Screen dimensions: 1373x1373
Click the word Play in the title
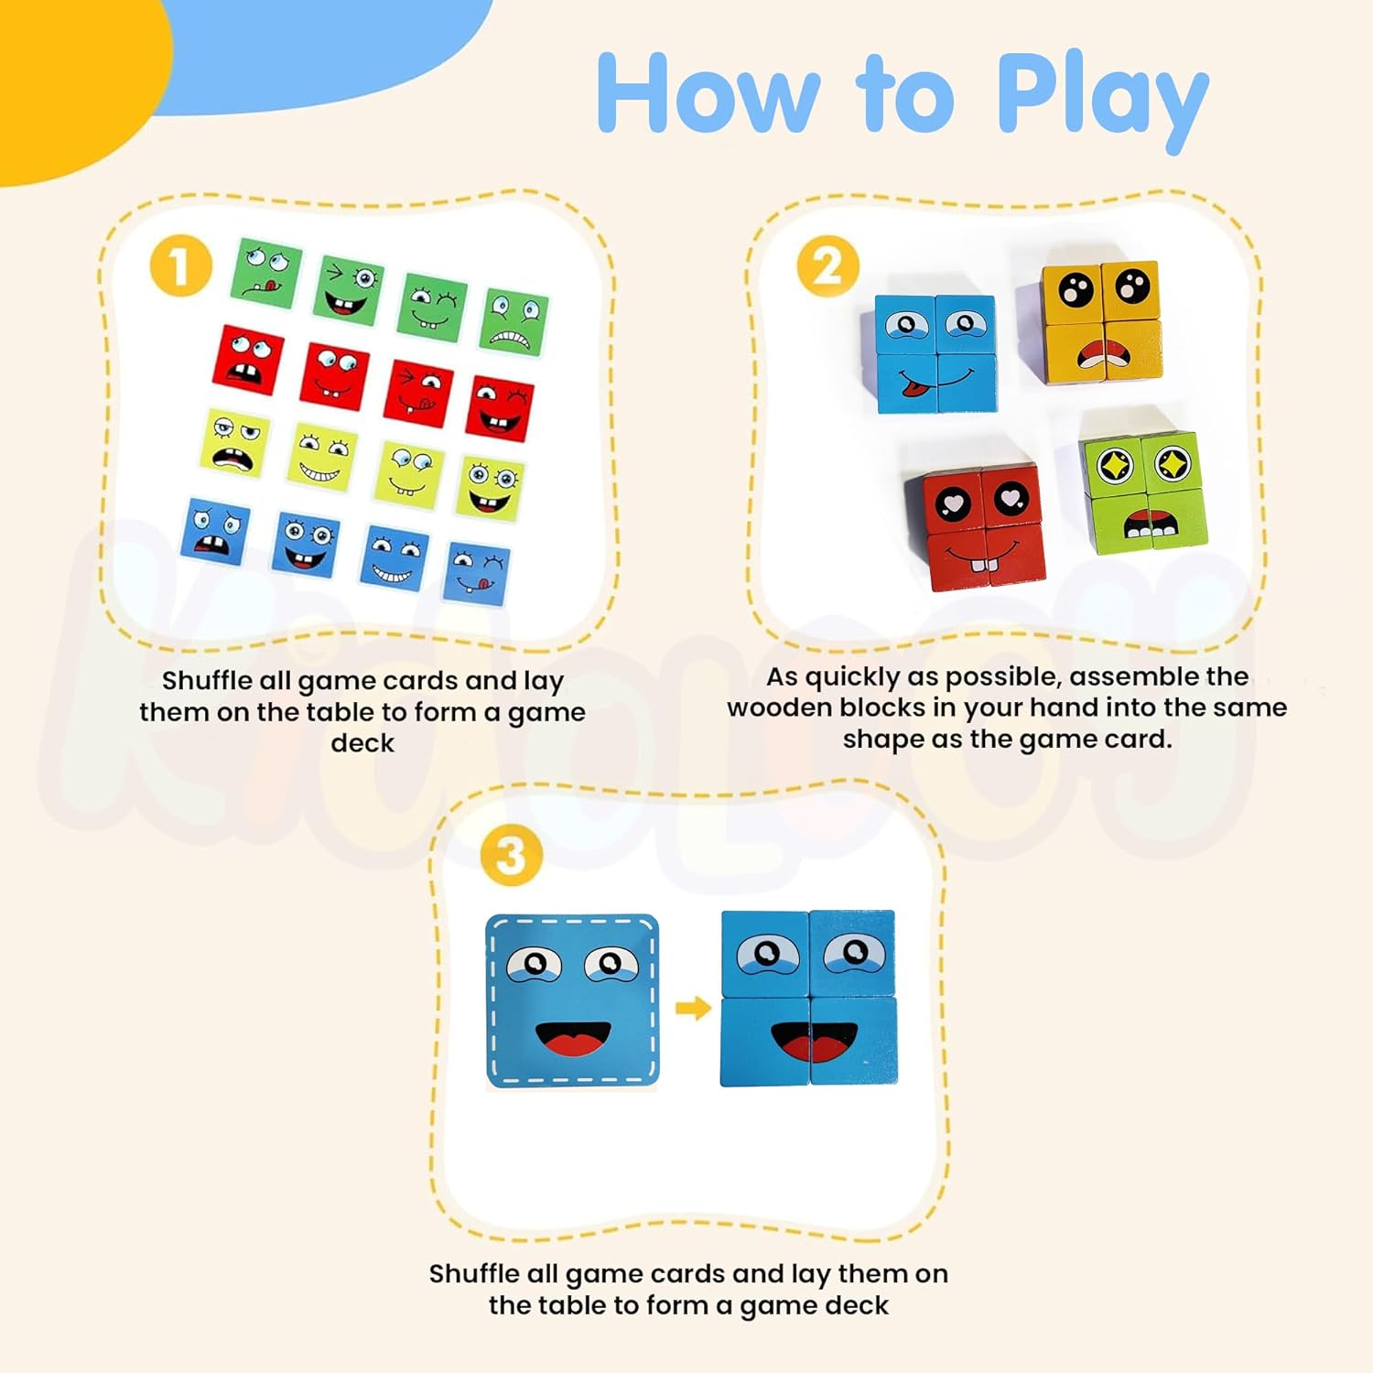(x=1102, y=99)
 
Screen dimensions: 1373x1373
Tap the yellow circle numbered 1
(x=181, y=266)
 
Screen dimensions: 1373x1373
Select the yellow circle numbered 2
(x=827, y=266)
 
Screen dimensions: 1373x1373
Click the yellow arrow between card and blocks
(x=693, y=1009)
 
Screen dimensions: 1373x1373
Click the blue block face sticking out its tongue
(x=935, y=353)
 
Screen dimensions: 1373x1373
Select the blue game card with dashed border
(x=572, y=1000)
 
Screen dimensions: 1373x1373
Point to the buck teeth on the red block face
(x=980, y=562)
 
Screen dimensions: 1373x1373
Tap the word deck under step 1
(x=362, y=742)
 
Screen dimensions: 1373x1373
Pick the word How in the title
(x=708, y=93)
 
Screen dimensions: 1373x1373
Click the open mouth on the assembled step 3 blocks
(x=814, y=1042)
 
